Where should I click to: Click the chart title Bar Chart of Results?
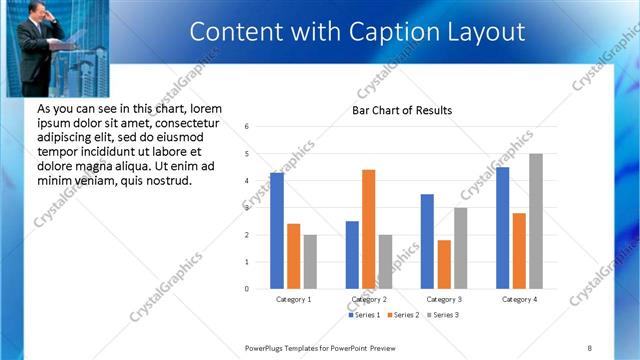[401, 110]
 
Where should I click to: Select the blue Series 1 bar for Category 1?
[277, 231]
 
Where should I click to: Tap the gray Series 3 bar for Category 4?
[536, 221]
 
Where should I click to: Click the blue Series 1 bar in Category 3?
[427, 241]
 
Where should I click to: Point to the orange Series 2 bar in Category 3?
[444, 264]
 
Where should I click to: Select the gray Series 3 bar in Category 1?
[310, 262]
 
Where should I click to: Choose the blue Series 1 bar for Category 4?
[502, 228]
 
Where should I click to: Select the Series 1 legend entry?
[363, 315]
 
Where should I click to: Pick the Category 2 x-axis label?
[369, 299]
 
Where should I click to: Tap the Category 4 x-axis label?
[519, 299]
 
